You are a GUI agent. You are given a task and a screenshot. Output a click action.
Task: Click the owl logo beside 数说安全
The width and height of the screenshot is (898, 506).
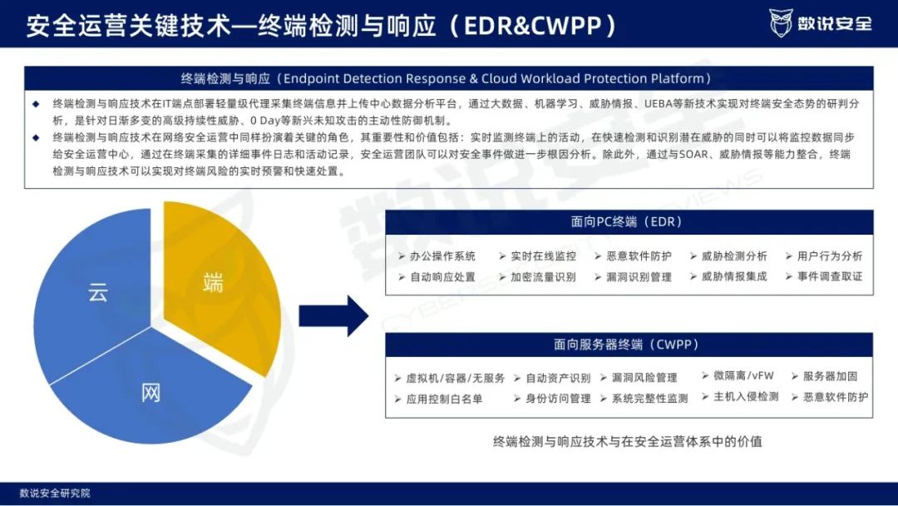pos(780,23)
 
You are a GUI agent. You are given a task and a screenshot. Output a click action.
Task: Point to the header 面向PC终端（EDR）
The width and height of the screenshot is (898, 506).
pos(629,222)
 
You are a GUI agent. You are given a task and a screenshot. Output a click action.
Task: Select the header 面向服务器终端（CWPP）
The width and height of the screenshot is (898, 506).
pos(629,345)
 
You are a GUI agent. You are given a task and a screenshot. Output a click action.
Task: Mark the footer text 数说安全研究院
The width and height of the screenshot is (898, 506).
pos(55,494)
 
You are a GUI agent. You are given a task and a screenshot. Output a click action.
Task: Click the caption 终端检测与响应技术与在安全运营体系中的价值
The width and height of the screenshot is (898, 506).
pos(628,441)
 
